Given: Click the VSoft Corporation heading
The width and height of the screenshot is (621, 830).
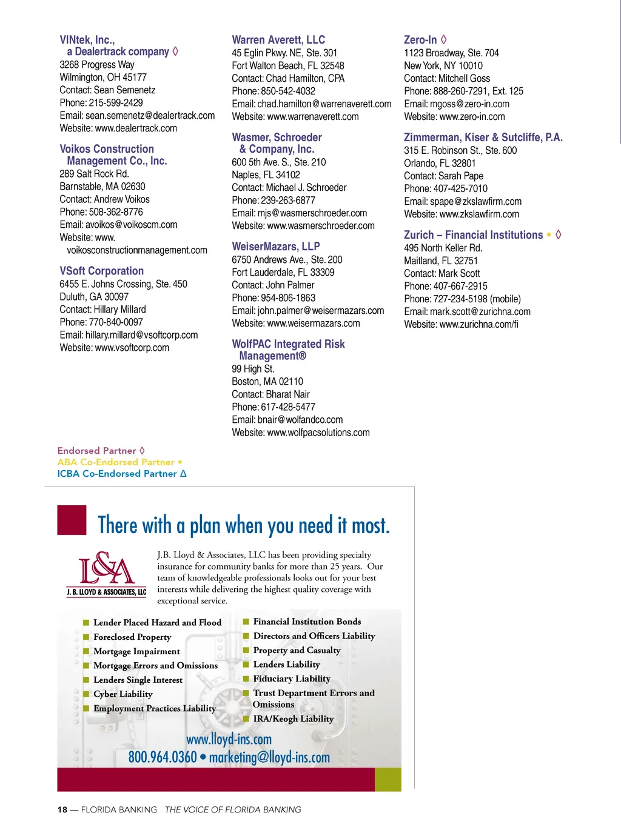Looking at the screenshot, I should pos(102,271).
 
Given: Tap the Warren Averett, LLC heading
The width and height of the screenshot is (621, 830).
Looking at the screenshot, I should pos(278,39).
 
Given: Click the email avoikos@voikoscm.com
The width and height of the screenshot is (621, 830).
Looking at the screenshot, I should pos(132,225).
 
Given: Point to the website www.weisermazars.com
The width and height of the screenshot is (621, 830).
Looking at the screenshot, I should pos(314,324).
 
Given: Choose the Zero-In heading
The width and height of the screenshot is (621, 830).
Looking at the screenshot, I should pos(420,40).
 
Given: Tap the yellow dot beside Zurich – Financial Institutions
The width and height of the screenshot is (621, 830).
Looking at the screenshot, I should pos(549,234).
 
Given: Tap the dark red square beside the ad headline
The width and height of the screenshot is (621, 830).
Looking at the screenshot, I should pos(72,520).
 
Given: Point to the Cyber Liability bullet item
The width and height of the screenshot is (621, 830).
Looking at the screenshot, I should pos(123,694).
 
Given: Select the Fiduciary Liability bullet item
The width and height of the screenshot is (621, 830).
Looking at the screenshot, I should pos(291,679).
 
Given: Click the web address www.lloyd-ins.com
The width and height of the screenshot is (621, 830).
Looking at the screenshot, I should pos(229,739).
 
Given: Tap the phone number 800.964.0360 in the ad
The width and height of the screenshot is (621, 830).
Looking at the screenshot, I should pos(163,757).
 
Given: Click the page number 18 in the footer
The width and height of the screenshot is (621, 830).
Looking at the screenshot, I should pos(62,810).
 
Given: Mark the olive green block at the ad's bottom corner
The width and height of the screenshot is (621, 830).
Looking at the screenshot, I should pos(388,780).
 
